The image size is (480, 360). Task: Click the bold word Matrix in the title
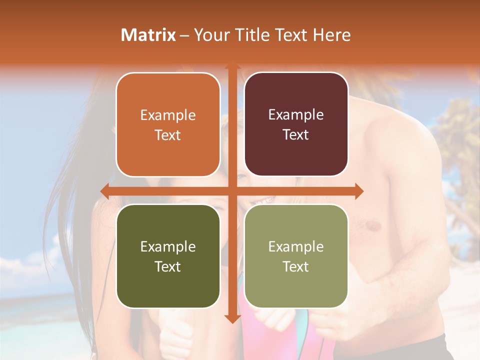148,35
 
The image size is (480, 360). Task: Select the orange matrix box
168,125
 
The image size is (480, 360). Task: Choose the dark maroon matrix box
296,124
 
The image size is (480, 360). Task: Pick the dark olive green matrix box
168,256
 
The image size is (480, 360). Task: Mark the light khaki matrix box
296,256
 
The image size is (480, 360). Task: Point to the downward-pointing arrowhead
232,318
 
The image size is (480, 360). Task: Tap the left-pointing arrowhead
104,191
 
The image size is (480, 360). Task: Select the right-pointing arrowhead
359,191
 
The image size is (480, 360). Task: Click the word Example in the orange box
168,115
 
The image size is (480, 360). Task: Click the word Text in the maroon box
296,134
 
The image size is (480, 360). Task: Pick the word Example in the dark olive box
168,246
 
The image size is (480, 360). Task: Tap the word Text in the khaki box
296,266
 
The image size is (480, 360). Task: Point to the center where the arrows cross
232,191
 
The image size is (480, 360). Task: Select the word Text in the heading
291,35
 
